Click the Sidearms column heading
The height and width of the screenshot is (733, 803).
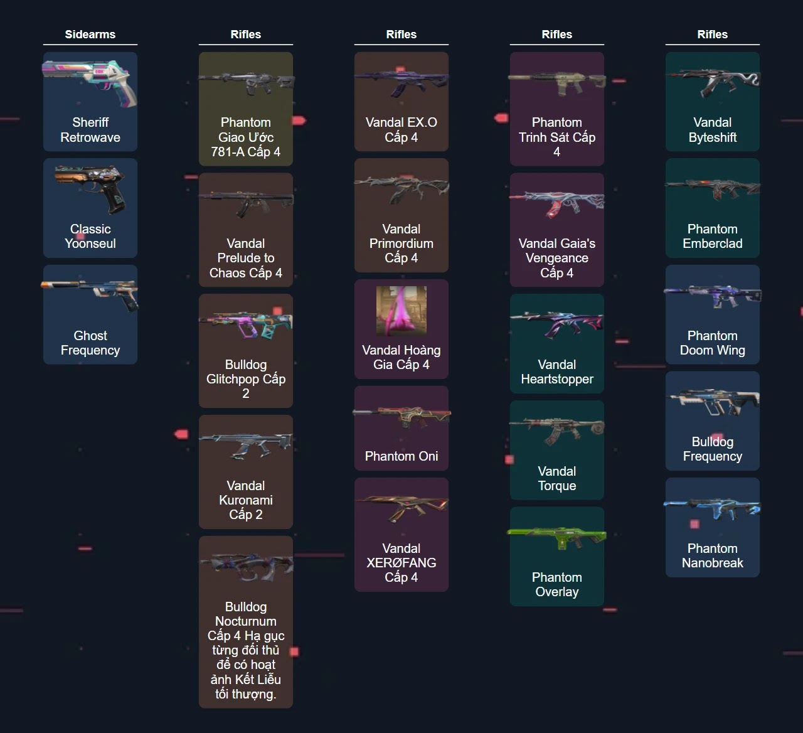(90, 35)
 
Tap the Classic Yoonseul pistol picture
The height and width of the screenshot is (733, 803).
(90, 188)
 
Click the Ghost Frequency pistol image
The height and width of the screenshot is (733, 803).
(90, 295)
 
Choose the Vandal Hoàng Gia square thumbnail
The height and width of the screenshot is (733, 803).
(401, 311)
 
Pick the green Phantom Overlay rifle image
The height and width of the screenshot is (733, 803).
(556, 538)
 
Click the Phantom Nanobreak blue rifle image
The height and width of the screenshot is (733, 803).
(712, 509)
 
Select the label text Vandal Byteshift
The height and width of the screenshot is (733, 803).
(712, 130)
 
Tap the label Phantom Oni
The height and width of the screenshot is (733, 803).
(401, 456)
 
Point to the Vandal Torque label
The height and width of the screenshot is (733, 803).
(556, 478)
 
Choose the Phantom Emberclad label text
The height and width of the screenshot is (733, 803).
(712, 237)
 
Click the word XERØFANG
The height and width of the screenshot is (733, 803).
(401, 563)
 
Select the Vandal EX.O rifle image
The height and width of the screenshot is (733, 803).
(401, 82)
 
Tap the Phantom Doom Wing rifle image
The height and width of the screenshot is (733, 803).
(712, 296)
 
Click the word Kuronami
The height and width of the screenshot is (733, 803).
(245, 500)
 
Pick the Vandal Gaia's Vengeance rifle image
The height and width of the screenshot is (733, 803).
(556, 203)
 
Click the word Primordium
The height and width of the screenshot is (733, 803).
(401, 243)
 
